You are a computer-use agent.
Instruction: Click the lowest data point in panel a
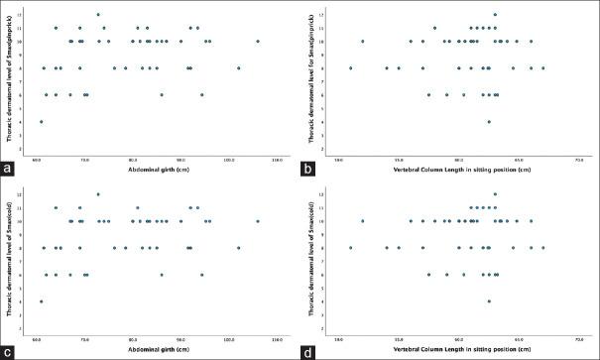click(41, 122)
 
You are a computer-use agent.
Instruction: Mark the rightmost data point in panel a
click(258, 42)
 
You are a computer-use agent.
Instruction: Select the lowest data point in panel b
click(489, 122)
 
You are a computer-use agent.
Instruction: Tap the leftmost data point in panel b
click(351, 68)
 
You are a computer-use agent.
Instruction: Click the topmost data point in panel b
click(495, 15)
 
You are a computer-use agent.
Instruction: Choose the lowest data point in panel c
click(41, 301)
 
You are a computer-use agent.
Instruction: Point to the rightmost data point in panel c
click(258, 221)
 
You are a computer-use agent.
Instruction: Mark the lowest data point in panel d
click(489, 301)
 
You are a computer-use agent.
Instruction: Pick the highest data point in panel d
click(495, 194)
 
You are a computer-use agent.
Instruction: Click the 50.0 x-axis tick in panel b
click(339, 160)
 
